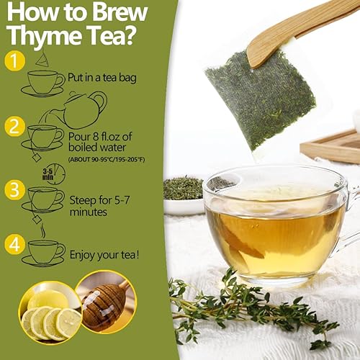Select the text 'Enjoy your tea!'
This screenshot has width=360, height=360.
(104, 254)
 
